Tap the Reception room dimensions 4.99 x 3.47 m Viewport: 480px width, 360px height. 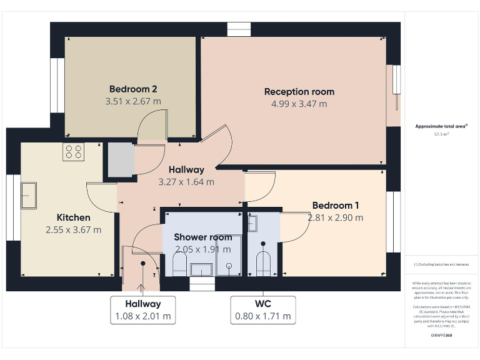[299, 104]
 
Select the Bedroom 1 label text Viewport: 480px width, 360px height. [335, 205]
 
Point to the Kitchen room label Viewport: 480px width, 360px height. [73, 217]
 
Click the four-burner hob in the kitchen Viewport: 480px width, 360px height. [72, 152]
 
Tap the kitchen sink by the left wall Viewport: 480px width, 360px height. [29, 195]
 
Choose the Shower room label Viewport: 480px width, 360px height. [202, 237]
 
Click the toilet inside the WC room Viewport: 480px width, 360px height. [263, 264]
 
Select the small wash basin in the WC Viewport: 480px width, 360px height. [252, 223]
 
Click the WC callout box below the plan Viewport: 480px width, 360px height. [262, 310]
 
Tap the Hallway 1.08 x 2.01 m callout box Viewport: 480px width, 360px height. [142, 310]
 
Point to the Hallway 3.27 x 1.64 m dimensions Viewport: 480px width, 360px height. [186, 182]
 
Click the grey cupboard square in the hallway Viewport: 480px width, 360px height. [121, 160]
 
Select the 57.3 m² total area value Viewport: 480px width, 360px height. [442, 134]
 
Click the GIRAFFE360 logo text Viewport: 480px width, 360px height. [442, 336]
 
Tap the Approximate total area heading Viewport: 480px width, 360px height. [441, 126]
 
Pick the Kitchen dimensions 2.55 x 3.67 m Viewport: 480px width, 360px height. [73, 229]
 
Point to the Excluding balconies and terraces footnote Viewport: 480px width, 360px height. [441, 264]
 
